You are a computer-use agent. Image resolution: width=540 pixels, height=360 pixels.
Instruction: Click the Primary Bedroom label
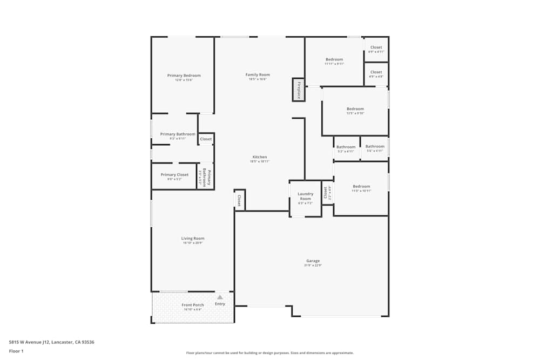tap(184, 76)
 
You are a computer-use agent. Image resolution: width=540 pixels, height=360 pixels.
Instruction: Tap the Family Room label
tap(258, 75)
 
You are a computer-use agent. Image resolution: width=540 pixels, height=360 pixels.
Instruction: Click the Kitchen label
tap(260, 157)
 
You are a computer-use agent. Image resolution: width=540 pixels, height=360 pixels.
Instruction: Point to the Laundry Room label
tap(305, 196)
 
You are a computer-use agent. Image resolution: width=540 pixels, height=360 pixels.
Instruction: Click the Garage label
tap(313, 261)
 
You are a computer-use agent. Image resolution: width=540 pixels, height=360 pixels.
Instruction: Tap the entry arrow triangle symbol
tap(220, 297)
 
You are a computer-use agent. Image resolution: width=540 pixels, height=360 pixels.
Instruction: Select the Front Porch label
tap(192, 305)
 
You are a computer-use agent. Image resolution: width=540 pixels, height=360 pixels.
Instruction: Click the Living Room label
tap(192, 238)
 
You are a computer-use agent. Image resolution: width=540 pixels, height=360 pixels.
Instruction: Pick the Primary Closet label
tap(174, 175)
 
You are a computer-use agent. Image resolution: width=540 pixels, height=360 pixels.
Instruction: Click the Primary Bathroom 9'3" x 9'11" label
tap(178, 134)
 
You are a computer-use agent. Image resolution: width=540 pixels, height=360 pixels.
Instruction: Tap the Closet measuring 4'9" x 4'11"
tap(376, 47)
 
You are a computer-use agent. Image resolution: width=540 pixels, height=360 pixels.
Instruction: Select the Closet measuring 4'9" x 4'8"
tap(376, 72)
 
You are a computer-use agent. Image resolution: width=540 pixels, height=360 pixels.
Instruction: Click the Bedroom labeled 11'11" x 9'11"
tap(334, 59)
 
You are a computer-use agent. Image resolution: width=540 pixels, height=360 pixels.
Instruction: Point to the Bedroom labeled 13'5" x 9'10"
tap(355, 109)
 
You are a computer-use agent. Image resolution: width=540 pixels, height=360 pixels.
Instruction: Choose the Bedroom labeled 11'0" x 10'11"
tap(361, 187)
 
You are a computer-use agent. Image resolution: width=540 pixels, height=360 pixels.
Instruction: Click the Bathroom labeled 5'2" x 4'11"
tap(346, 147)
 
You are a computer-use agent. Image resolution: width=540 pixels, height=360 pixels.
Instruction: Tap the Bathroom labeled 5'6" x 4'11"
tap(375, 146)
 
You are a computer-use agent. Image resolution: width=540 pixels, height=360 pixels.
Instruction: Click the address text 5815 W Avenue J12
tap(48, 342)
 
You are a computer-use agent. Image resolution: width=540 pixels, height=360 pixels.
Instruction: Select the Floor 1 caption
tap(16, 351)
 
